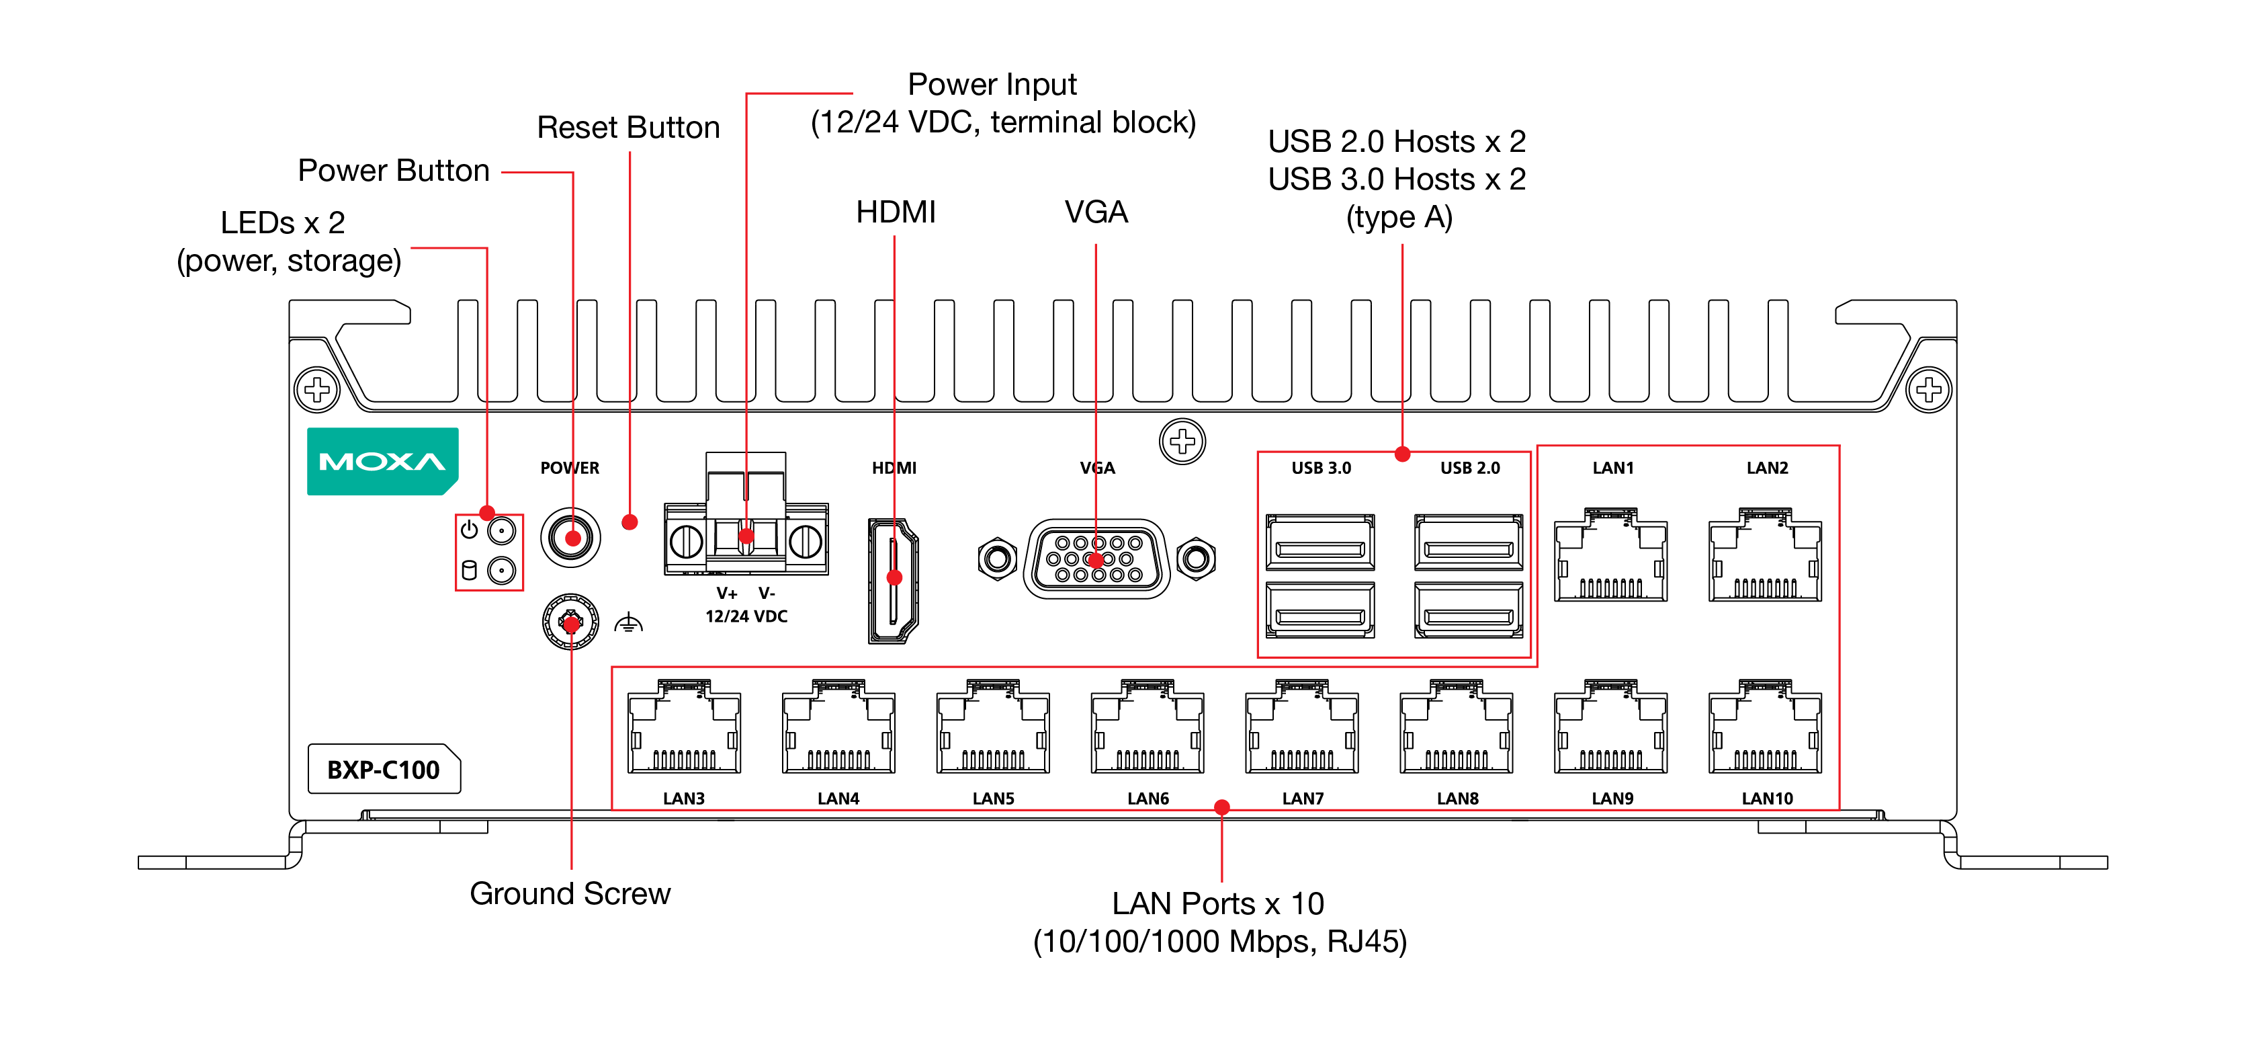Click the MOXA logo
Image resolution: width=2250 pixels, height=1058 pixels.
(x=382, y=461)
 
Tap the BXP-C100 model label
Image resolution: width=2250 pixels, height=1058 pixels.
(x=384, y=770)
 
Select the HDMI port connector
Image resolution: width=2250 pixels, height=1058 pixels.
(x=893, y=580)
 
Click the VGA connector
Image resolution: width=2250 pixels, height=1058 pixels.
(x=1096, y=559)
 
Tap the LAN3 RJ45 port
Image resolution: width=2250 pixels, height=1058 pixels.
(x=684, y=728)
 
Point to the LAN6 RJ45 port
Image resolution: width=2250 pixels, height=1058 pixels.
(x=1148, y=728)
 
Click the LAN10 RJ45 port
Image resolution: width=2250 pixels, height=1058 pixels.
(x=1765, y=728)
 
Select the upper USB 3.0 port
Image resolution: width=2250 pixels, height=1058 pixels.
(x=1319, y=542)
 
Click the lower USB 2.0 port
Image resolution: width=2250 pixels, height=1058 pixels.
(x=1468, y=611)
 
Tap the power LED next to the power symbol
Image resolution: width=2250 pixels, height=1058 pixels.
(x=501, y=530)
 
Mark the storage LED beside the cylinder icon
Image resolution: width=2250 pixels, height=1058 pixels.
(x=501, y=571)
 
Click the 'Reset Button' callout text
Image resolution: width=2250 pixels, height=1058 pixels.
(x=628, y=128)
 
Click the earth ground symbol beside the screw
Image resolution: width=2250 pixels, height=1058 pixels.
(x=628, y=624)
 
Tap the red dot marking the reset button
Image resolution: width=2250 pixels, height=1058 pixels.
(x=629, y=522)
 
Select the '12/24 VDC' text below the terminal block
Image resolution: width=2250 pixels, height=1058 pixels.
(x=746, y=616)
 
